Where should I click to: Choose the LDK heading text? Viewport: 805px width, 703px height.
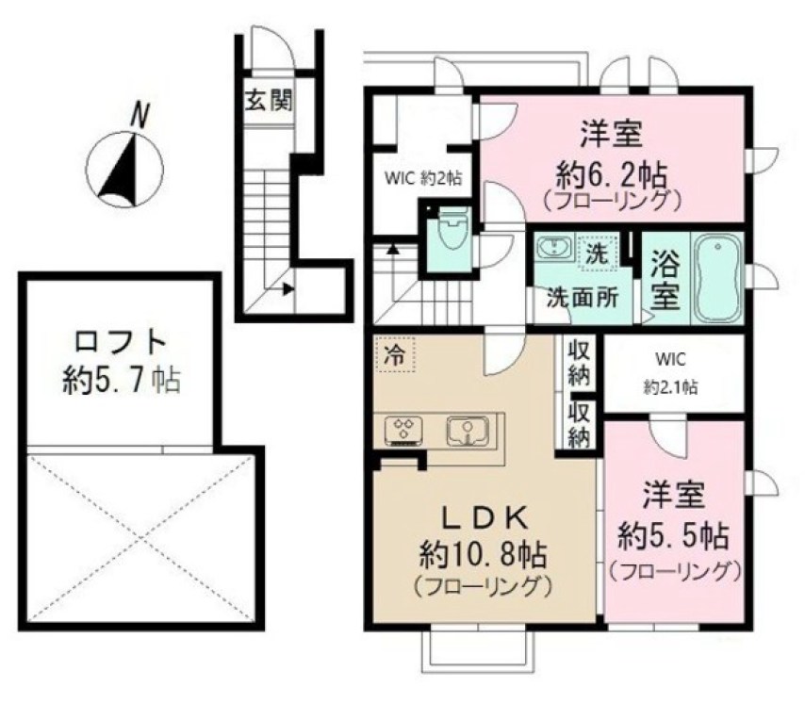click(x=484, y=517)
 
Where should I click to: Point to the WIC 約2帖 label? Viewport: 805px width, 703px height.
click(x=421, y=176)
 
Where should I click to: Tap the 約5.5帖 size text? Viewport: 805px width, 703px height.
click(x=672, y=536)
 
